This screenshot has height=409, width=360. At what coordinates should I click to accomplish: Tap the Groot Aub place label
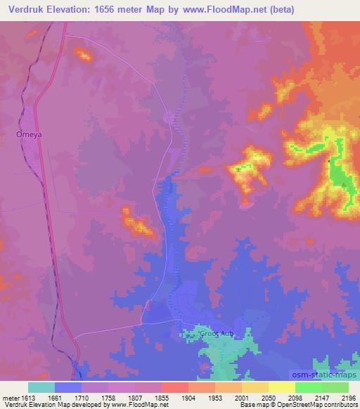coord(214,333)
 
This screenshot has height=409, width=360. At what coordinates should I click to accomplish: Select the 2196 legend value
coord(349,398)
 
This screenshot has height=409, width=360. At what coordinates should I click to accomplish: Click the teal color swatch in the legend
coord(41,387)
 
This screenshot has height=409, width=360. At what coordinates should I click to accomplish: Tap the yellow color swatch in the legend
coord(282,387)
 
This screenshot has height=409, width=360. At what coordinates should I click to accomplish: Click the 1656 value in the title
coord(111,9)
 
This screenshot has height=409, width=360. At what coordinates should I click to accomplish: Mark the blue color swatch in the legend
coord(68,387)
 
